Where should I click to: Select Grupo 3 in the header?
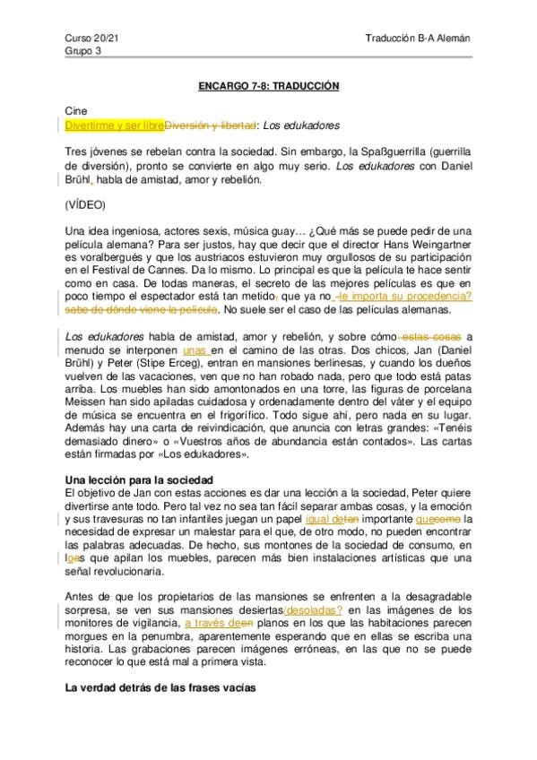82,51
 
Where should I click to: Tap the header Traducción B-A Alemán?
418,39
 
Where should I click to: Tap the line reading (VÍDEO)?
86,204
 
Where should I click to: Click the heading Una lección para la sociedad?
144,481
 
